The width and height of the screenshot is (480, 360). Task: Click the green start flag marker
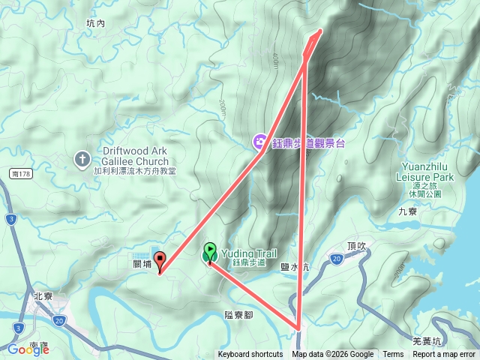tap(209, 253)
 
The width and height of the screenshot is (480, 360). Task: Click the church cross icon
tap(82, 159)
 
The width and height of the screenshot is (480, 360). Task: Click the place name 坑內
tap(96, 24)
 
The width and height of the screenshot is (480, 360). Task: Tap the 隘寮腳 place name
tap(238, 315)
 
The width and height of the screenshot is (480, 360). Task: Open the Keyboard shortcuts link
tap(250, 355)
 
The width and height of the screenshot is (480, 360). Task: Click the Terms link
tap(393, 355)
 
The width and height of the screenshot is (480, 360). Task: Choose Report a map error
tap(445, 355)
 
